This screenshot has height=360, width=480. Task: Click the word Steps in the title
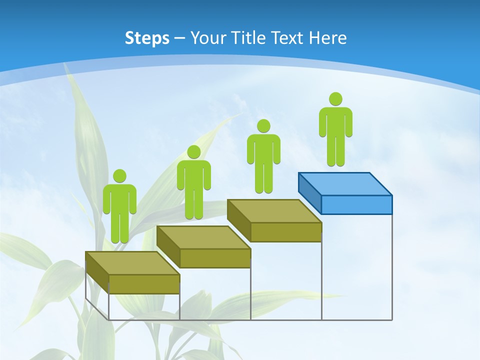147,38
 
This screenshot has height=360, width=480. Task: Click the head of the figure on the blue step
335,99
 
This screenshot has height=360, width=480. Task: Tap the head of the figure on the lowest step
119,176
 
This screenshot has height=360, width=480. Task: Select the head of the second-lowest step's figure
193,152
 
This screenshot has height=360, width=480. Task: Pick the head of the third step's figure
263,126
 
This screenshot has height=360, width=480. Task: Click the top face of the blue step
345,183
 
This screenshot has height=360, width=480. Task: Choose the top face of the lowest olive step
132,263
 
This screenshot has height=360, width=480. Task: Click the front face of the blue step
356,204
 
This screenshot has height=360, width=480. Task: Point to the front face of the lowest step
144,284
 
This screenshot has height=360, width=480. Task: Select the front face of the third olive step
286,232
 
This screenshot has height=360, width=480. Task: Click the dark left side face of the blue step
309,192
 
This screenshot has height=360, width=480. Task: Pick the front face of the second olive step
215,258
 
